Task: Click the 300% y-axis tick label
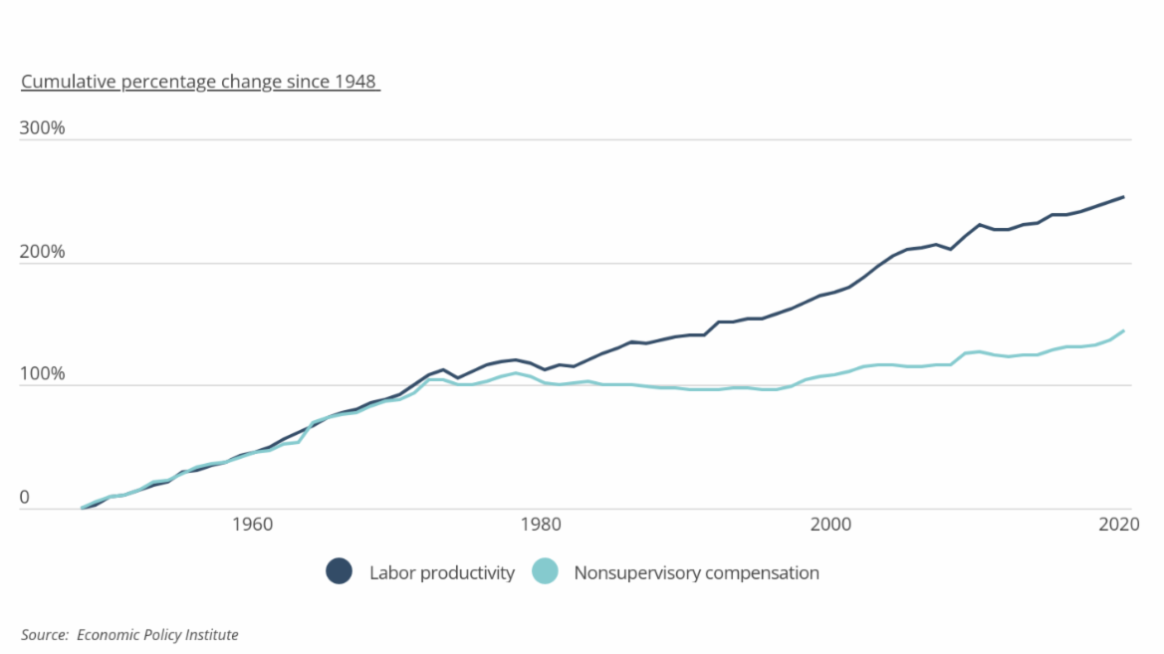(x=42, y=128)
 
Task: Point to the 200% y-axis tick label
(x=42, y=252)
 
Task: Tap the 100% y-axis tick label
(x=42, y=374)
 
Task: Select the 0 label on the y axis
(x=25, y=498)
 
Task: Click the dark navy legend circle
(x=340, y=571)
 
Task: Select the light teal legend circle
(x=545, y=571)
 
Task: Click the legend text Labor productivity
(x=441, y=572)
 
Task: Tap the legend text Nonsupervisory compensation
(x=696, y=572)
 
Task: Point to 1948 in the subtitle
(x=355, y=82)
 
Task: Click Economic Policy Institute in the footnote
(x=157, y=634)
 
